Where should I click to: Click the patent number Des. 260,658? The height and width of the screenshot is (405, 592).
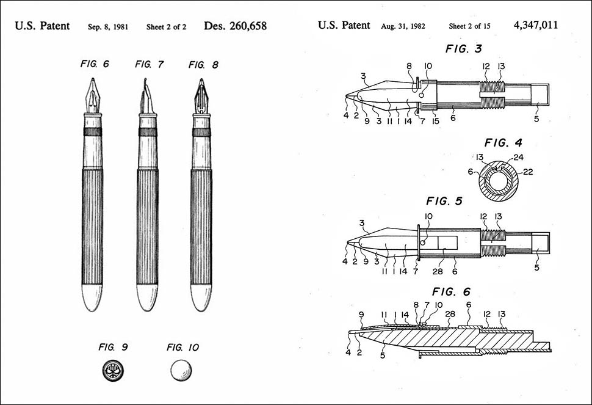(x=235, y=26)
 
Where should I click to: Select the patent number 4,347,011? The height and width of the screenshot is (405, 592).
(x=535, y=25)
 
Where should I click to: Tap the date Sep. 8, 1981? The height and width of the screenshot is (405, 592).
(x=108, y=27)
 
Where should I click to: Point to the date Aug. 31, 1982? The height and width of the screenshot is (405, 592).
(x=403, y=26)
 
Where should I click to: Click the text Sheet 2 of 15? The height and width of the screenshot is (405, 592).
(x=469, y=26)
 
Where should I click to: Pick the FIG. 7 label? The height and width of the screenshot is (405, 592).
(x=150, y=64)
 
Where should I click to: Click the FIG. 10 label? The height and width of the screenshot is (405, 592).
(x=182, y=347)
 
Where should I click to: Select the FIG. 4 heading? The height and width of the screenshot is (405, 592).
(x=504, y=143)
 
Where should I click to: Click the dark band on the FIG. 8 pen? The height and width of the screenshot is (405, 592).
(x=201, y=132)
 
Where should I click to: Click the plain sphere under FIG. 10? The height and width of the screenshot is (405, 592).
(x=181, y=371)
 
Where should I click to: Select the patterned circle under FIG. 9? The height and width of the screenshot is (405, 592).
(x=113, y=371)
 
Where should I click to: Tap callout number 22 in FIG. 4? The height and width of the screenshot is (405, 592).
(x=528, y=172)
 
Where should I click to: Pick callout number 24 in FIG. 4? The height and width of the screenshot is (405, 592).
(x=518, y=157)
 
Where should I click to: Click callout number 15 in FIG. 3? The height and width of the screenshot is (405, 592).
(x=436, y=122)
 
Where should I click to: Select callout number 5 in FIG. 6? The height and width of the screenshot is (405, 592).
(x=383, y=356)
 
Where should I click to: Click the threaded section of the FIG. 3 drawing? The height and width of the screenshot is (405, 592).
(x=493, y=95)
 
